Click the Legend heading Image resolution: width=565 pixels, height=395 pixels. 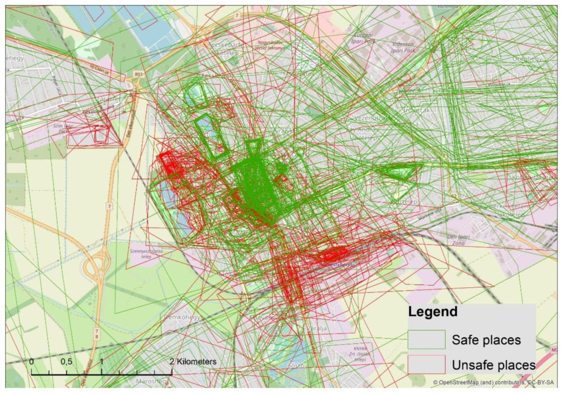coord(433,312)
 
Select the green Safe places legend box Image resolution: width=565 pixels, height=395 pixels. coord(426,340)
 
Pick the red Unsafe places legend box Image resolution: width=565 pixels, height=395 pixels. coord(426,365)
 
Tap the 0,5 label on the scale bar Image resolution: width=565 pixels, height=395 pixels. coord(66,361)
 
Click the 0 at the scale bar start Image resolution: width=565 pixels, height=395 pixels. coord(32,361)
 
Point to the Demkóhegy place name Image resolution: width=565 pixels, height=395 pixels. coord(182,317)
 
